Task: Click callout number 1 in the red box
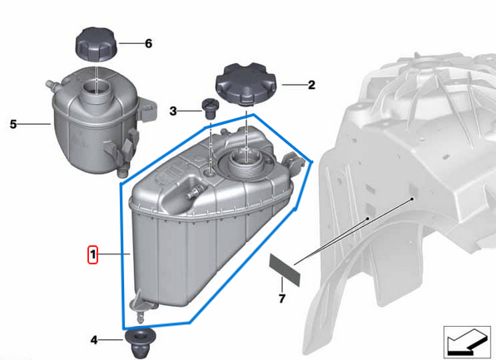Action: tap(94, 253)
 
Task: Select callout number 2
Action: tap(311, 84)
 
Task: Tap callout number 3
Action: tap(173, 111)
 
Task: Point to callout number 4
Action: tap(94, 339)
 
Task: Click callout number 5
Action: tap(13, 125)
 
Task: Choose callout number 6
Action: tap(148, 42)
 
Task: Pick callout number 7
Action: tap(281, 298)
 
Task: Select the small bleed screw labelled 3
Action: tap(208, 108)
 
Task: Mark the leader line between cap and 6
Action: tap(130, 42)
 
